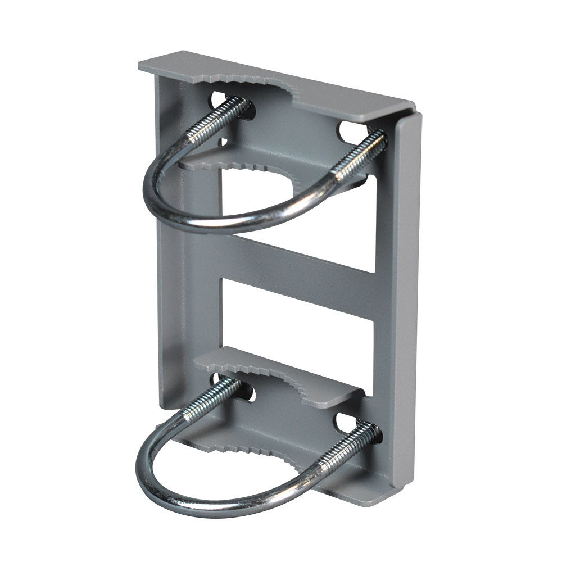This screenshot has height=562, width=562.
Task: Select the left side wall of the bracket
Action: tap(169, 253)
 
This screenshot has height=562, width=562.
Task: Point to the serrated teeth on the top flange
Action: tap(259, 84)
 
